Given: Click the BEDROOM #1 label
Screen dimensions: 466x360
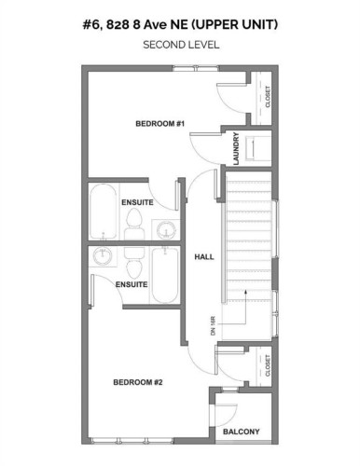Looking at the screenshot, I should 160,124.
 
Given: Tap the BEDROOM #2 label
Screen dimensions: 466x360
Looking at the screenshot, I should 138,382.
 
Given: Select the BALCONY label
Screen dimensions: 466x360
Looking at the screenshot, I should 242,431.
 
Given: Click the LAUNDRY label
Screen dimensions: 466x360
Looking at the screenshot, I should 236,149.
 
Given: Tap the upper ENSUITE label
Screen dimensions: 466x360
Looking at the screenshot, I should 136,202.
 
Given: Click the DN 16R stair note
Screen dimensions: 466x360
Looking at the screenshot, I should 213,325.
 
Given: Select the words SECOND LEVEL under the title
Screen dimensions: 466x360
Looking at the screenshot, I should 180,44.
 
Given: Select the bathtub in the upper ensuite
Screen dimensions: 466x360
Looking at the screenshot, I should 102,213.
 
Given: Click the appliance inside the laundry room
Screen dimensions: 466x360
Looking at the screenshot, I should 258,148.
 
